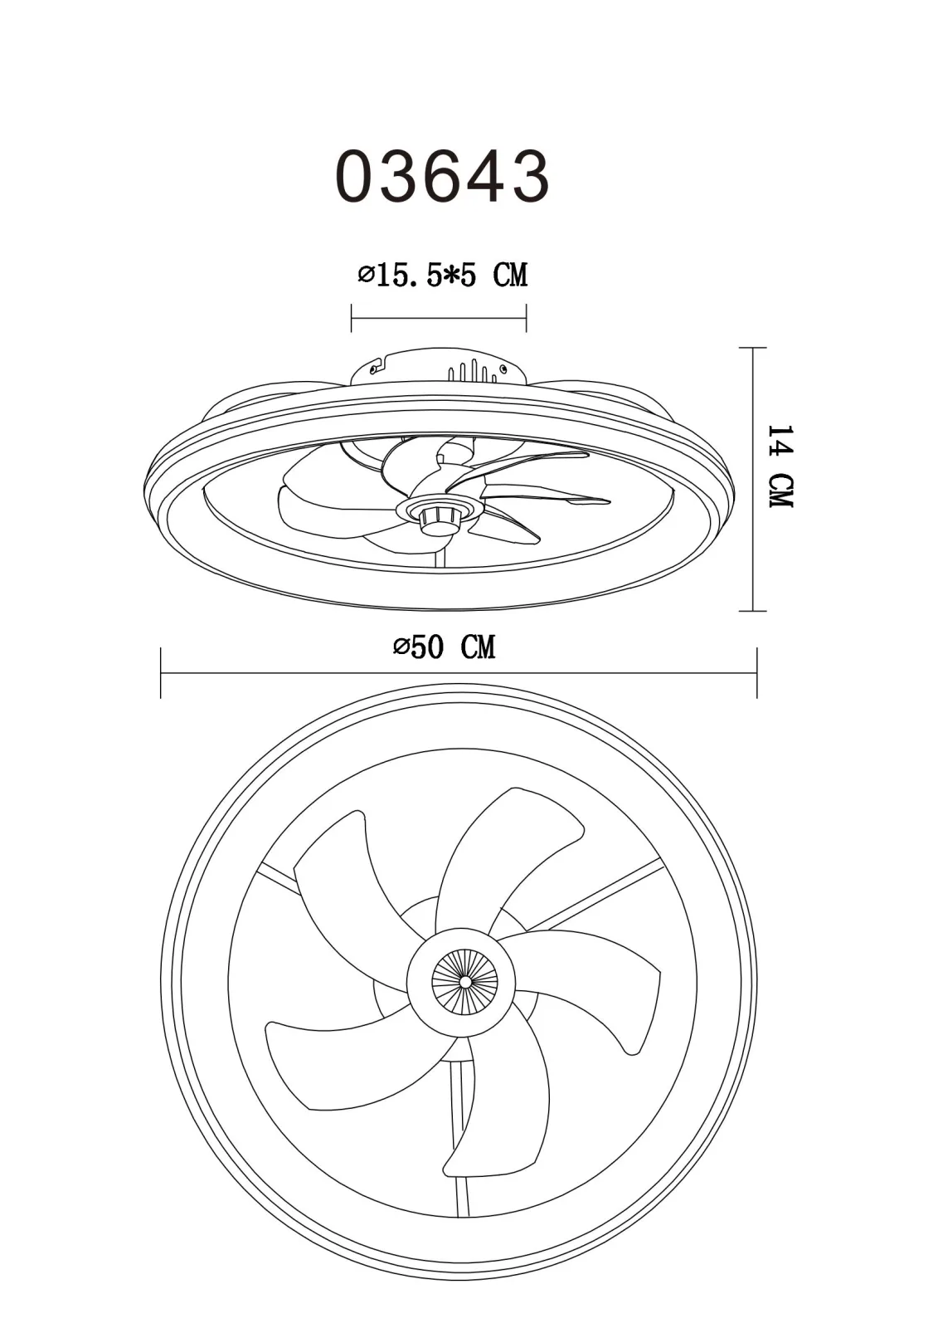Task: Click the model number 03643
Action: point(443,177)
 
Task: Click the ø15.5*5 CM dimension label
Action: point(443,275)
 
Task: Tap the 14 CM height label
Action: point(780,466)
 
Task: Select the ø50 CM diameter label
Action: point(444,647)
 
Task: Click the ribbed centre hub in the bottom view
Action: point(464,983)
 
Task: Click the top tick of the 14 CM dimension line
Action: point(752,348)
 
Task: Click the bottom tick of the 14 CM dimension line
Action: point(752,610)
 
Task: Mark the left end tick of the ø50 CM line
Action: point(161,673)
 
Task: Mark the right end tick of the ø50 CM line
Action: point(756,673)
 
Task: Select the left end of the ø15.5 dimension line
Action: point(352,319)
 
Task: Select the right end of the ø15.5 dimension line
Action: point(526,319)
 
